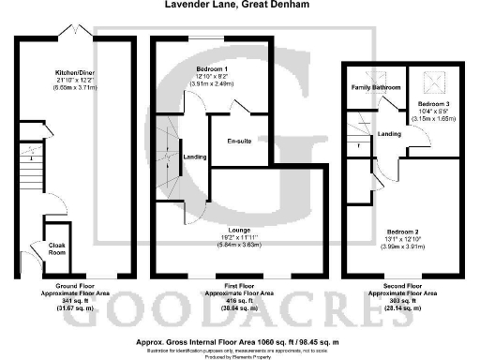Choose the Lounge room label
point(238,228)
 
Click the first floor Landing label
point(195,157)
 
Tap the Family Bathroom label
point(376,86)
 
